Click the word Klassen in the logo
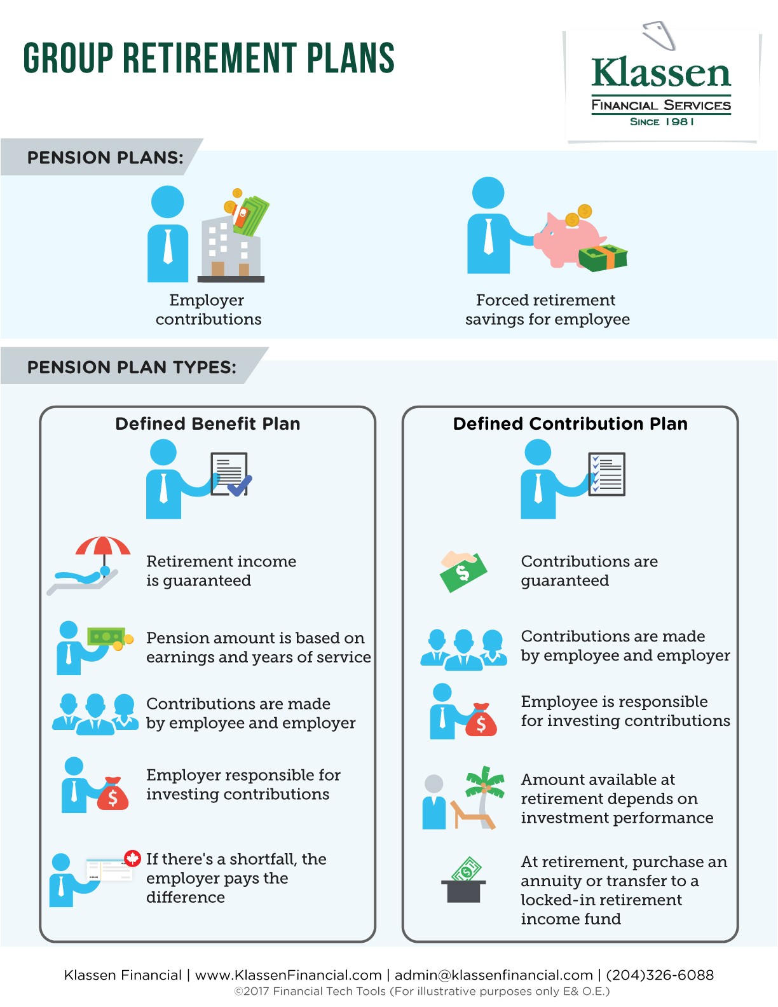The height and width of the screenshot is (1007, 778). (x=661, y=73)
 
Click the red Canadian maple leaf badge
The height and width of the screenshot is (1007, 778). (x=132, y=858)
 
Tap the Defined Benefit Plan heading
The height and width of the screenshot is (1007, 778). (x=208, y=424)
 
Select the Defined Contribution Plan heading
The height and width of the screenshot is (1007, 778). (x=570, y=424)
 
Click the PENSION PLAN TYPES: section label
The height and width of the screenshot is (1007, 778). (x=132, y=367)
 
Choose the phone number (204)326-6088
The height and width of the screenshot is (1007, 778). (x=660, y=975)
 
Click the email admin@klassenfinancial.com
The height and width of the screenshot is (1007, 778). (x=493, y=975)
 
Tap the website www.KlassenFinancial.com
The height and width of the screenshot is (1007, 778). (x=288, y=975)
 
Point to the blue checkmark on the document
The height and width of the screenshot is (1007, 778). (x=240, y=486)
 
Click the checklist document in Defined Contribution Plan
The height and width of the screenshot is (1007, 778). (x=606, y=474)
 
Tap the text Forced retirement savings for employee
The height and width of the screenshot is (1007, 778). (x=547, y=310)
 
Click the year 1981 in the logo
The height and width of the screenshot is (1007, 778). (x=679, y=121)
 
